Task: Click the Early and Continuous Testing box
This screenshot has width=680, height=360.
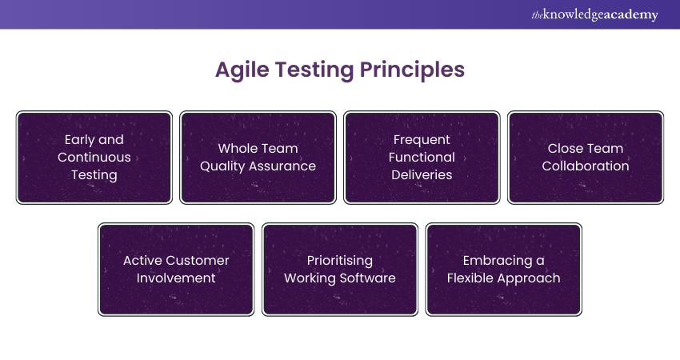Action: [x=94, y=158]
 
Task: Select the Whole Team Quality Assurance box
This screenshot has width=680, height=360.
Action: [x=258, y=158]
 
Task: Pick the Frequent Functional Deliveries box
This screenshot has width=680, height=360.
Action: [x=422, y=158]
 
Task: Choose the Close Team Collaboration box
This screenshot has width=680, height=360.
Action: [x=586, y=158]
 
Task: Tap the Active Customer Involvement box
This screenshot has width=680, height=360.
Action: [x=176, y=270]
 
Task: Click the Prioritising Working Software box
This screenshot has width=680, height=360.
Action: [x=340, y=270]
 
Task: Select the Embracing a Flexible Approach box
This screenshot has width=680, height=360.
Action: [x=504, y=270]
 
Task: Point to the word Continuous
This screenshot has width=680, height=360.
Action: [x=94, y=158]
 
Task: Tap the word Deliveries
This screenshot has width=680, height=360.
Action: [x=422, y=175]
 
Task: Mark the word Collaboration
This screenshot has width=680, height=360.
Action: [x=586, y=166]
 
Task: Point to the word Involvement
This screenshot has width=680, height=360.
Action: [x=176, y=278]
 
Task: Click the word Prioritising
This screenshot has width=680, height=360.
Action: [x=340, y=261]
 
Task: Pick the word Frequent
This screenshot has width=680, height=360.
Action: [x=422, y=140]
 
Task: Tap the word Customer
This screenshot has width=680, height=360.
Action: [x=198, y=261]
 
